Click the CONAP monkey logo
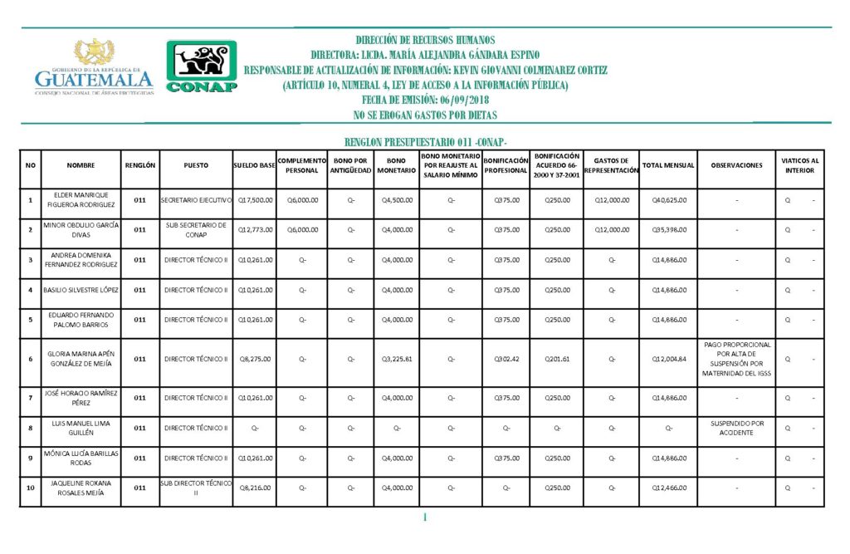201,66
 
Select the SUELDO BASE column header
254,165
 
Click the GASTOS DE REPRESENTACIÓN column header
611,165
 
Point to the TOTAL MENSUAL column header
668,165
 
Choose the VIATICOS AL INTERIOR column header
800,165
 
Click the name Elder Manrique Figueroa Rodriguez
81,200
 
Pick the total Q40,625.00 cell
668,200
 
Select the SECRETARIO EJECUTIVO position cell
196,200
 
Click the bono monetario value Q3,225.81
396,359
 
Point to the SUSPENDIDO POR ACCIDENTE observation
736,429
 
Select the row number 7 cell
31,398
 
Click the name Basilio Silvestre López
81,290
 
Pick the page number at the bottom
424,518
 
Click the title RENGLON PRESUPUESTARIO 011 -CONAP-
424,142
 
